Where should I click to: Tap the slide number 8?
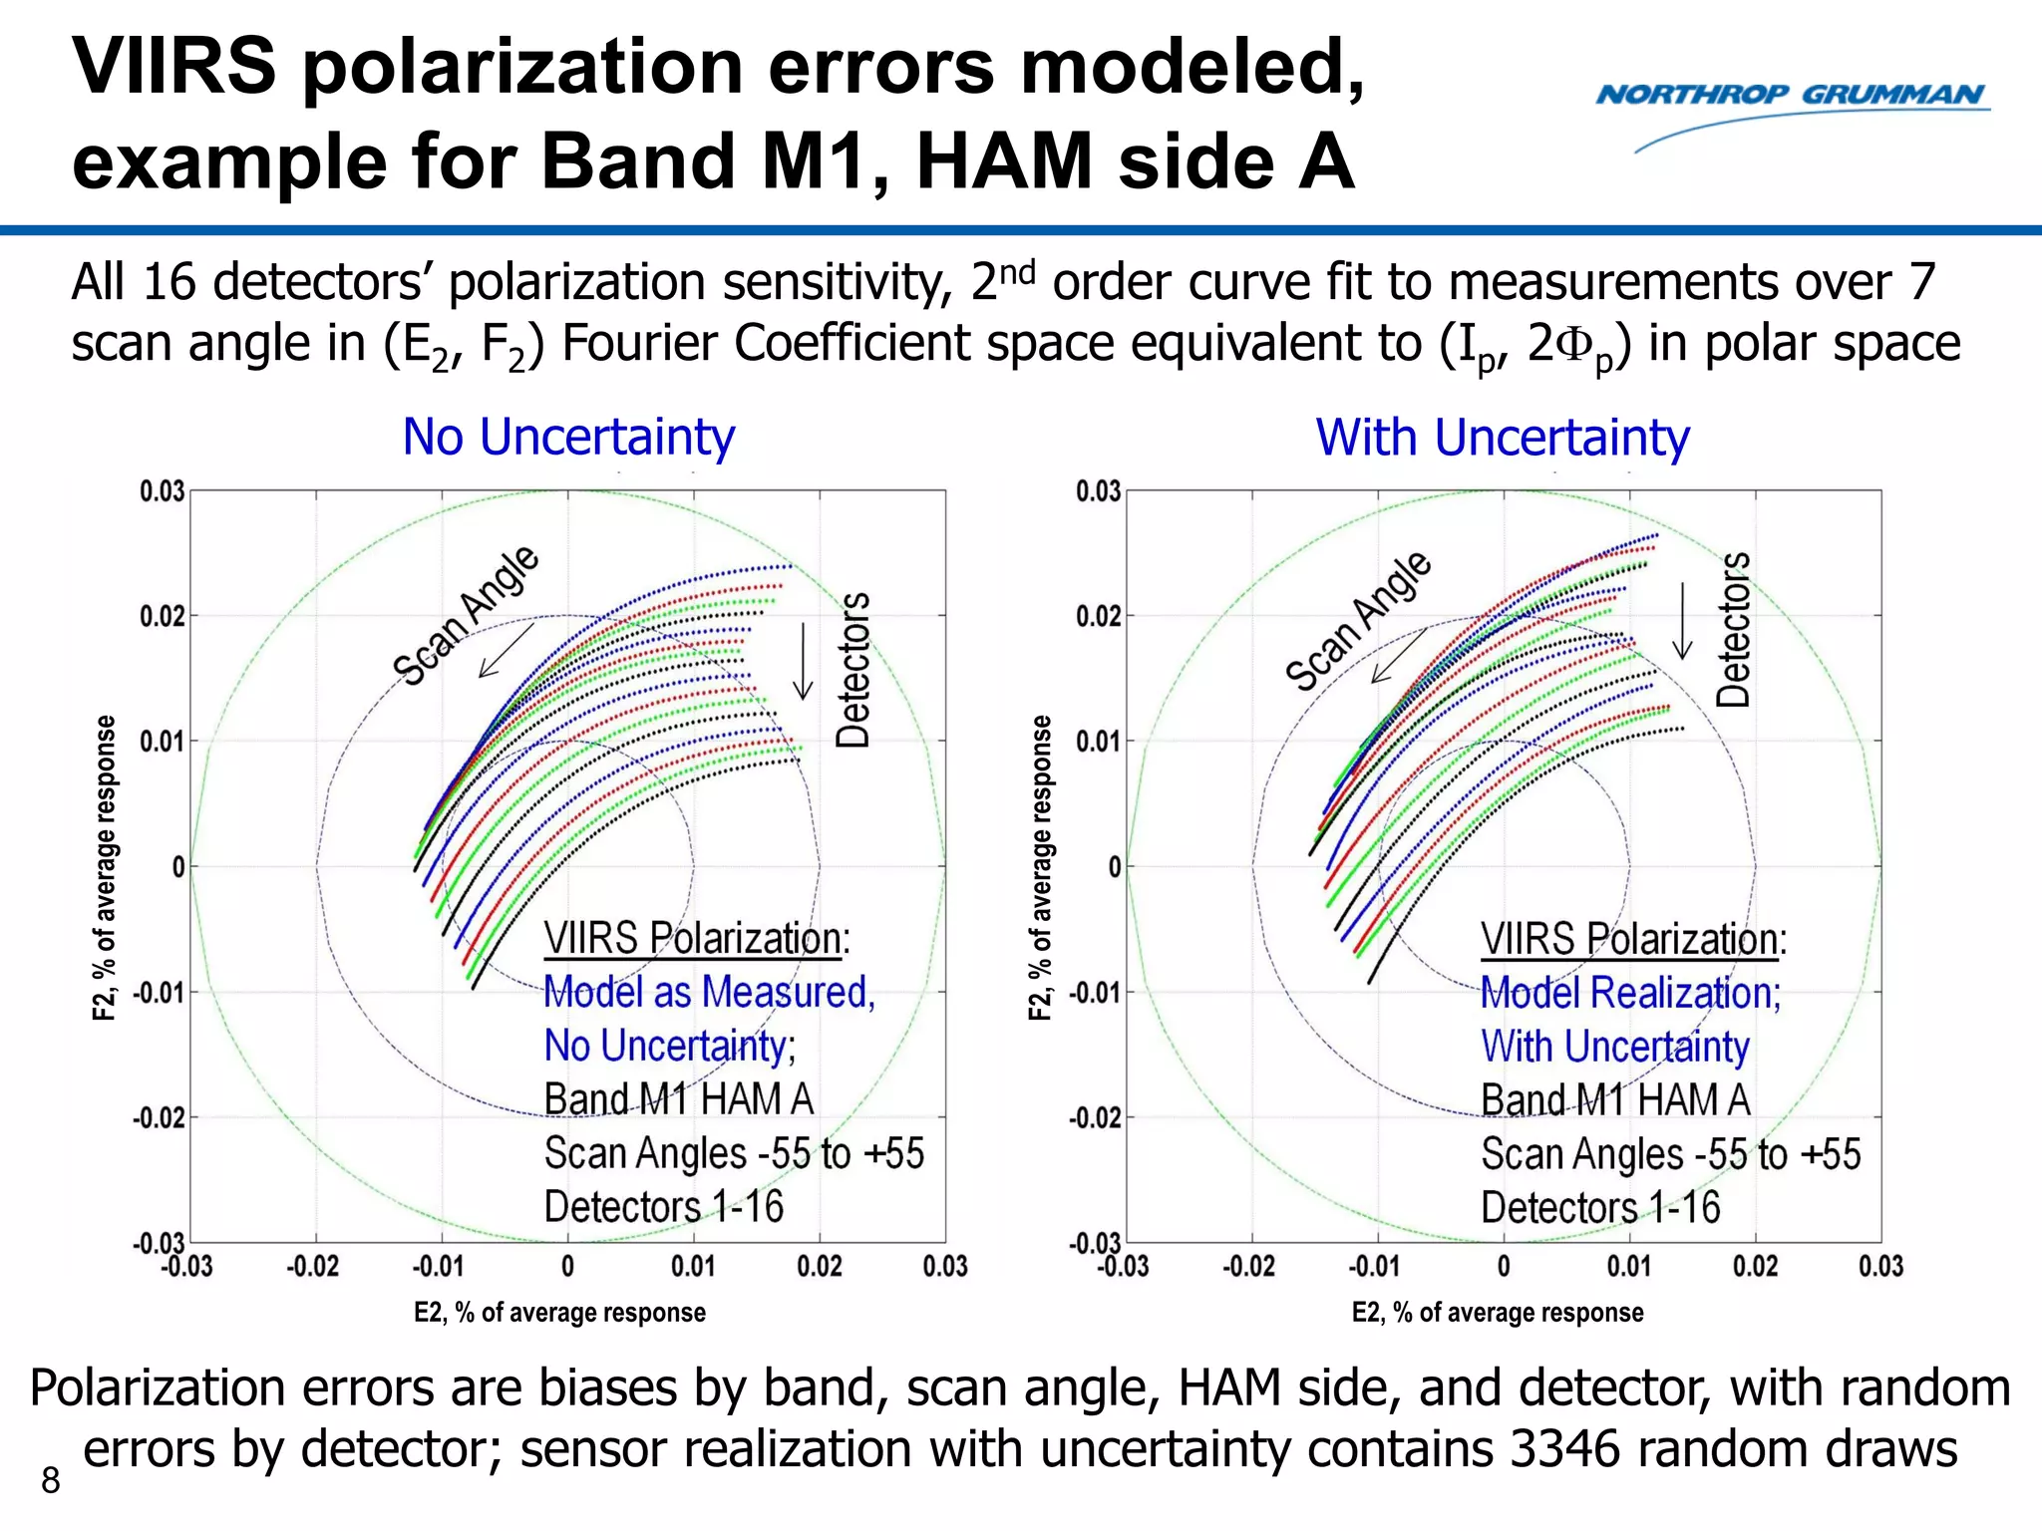[50, 1481]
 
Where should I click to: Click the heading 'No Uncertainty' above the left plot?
[568, 437]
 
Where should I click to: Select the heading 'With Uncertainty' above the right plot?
[1503, 437]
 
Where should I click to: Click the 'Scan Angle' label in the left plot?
[466, 616]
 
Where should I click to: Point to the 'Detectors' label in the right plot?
[1733, 629]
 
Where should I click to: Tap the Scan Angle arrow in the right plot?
[1398, 656]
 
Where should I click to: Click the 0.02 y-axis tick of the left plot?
[162, 616]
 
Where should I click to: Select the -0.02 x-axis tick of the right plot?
[1248, 1267]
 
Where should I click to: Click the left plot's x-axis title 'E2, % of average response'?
[559, 1313]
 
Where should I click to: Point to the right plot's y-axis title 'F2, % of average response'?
[1040, 867]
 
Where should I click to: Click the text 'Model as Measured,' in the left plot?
[709, 993]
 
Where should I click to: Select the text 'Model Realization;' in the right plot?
[1630, 993]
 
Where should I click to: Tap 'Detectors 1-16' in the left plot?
[664, 1207]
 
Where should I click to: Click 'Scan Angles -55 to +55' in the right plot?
[1671, 1154]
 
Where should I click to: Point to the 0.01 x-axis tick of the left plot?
[693, 1267]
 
